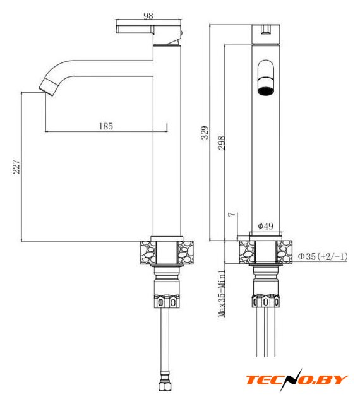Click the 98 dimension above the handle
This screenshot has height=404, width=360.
coord(148,16)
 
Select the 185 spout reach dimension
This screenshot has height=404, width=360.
coord(106,126)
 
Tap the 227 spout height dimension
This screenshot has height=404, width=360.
coord(16,167)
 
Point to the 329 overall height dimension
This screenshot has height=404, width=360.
coord(205,133)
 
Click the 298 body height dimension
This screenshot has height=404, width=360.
coord(221,143)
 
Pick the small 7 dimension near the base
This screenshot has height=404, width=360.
coord(232,214)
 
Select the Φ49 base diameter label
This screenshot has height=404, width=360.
coord(266,226)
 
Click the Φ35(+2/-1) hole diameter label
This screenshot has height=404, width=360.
coord(323,256)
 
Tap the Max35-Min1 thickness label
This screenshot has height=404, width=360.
coord(222,293)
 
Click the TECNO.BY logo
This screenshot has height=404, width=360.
coord(297,380)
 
